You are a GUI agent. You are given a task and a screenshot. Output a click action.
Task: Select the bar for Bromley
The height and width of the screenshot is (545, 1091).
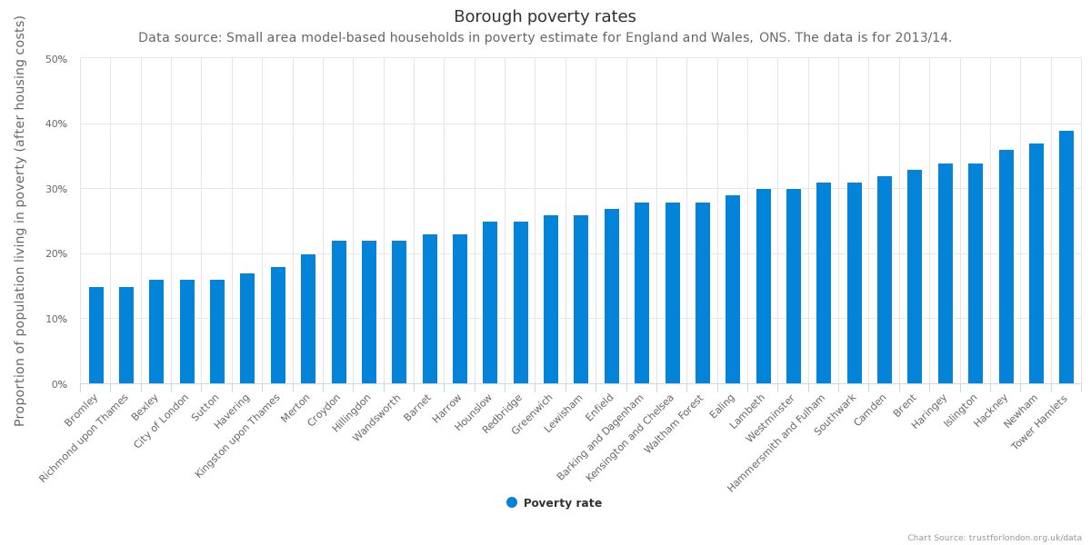pos(96,335)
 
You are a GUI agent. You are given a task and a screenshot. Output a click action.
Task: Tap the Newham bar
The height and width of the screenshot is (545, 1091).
pos(1036,263)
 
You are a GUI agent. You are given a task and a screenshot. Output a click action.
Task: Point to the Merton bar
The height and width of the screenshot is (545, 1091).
pos(308,319)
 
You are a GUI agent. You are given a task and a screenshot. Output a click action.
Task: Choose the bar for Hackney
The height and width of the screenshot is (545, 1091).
pos(1006,267)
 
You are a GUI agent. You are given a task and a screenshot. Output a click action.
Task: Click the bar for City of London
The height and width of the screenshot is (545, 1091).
pos(187,332)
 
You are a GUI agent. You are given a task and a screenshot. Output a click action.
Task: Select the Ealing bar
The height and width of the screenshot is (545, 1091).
pos(733,290)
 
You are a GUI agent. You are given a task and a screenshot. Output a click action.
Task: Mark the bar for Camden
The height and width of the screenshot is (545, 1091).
pos(885,280)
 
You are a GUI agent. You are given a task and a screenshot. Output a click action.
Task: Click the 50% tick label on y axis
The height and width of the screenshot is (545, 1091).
pos(56,59)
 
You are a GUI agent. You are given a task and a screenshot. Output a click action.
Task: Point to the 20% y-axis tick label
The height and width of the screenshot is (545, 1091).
pos(56,254)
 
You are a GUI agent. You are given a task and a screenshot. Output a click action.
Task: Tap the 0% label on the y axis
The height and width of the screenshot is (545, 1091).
pos(59,384)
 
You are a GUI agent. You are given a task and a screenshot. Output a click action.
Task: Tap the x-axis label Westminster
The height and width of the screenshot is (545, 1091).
pos(771,417)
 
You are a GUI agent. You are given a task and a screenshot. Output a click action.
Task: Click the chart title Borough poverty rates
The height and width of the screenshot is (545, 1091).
pos(545,16)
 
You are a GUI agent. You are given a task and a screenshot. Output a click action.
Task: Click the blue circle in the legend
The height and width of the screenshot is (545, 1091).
pos(512,502)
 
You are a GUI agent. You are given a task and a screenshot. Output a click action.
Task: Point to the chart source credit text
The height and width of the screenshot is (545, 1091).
pos(994,538)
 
